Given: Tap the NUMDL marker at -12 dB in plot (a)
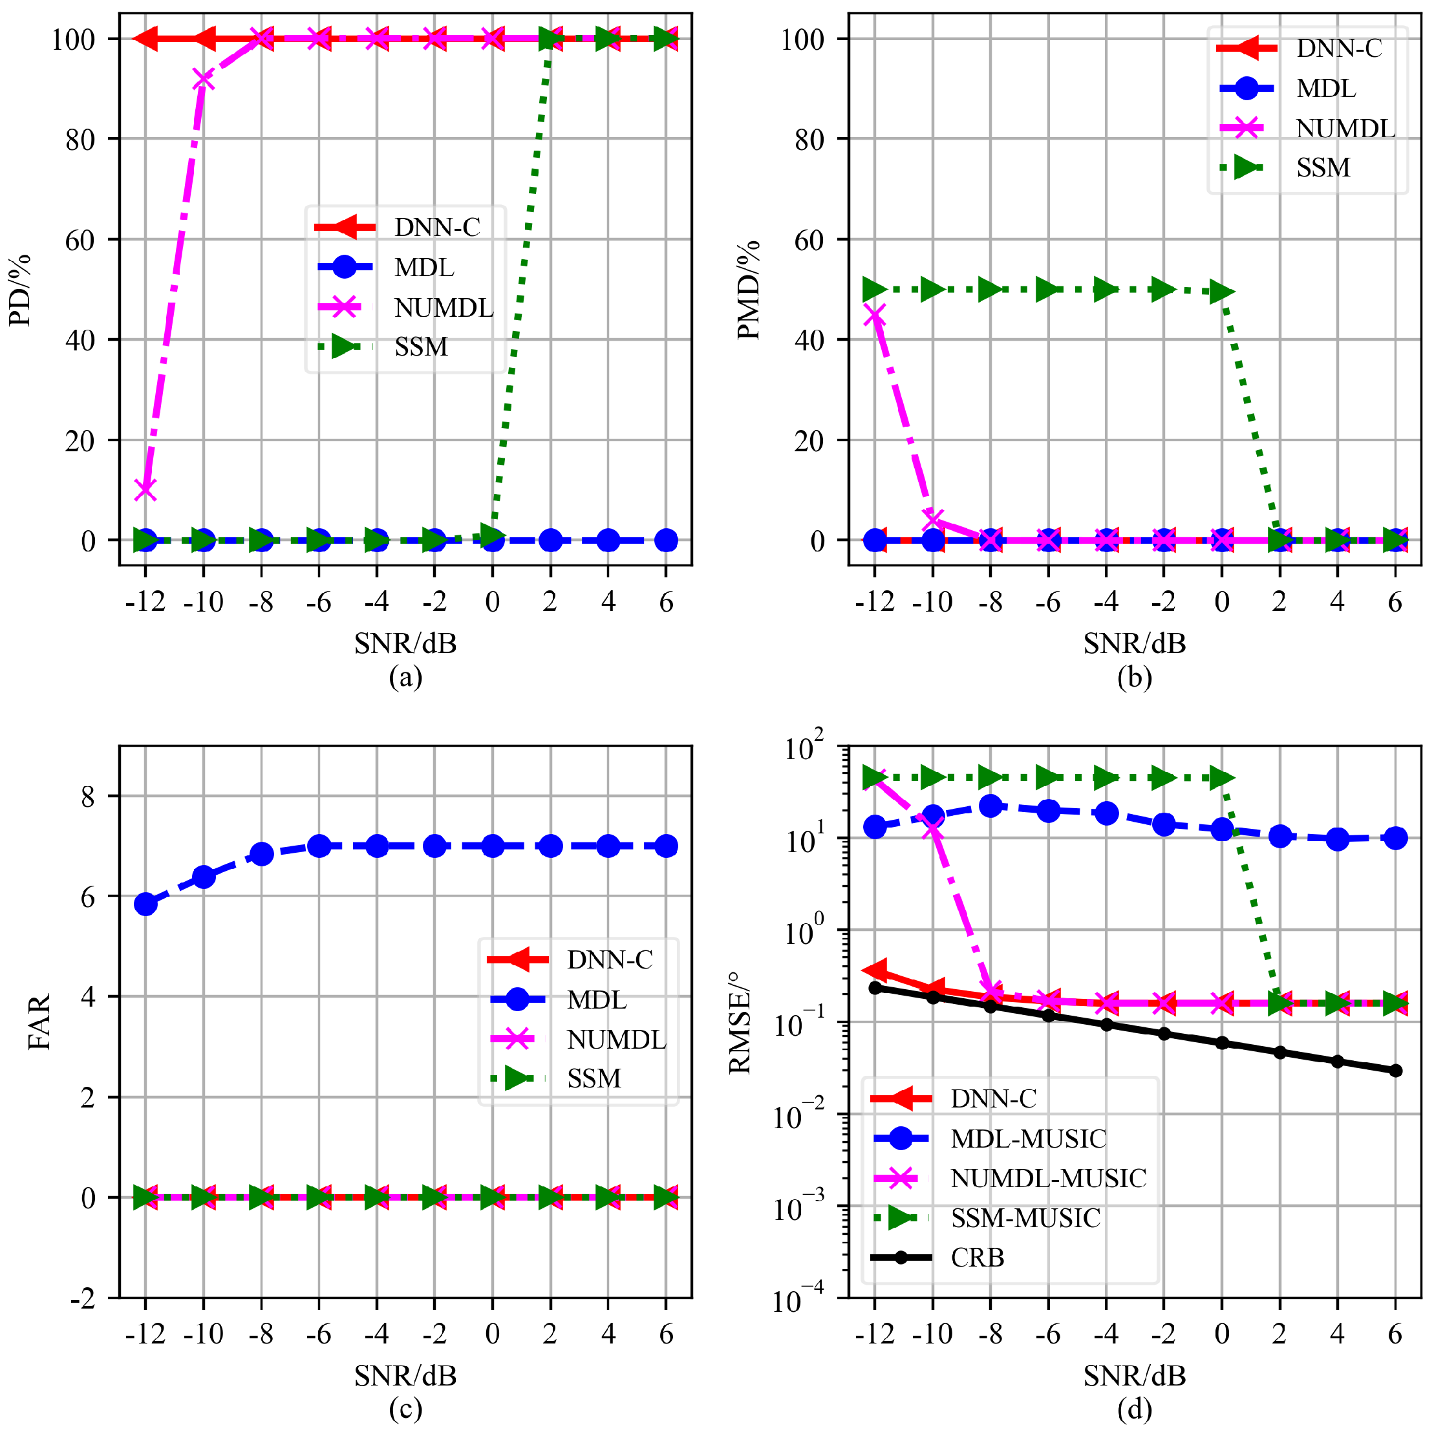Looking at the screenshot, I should [x=145, y=490].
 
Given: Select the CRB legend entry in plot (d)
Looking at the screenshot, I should [x=977, y=1257].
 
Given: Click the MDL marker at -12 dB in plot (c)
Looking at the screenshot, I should [x=145, y=904].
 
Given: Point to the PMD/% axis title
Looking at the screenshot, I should [x=749, y=290].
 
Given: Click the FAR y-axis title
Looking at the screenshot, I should [x=39, y=1022].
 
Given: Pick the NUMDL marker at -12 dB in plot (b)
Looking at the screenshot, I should [x=875, y=315].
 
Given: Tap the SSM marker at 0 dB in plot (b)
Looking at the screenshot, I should [x=1222, y=292].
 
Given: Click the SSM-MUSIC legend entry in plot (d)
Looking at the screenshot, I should [x=1025, y=1217].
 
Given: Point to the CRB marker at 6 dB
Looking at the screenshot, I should [x=1395, y=1070].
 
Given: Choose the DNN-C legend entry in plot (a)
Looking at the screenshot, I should [x=436, y=227].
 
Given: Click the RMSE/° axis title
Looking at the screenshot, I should [x=740, y=1022].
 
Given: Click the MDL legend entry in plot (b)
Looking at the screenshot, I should [x=1325, y=89].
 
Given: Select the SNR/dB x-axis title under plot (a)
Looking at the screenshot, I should [x=405, y=643].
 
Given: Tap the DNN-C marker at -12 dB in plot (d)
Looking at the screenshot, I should [x=875, y=970].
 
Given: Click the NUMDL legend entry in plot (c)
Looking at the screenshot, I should [x=616, y=1039].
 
